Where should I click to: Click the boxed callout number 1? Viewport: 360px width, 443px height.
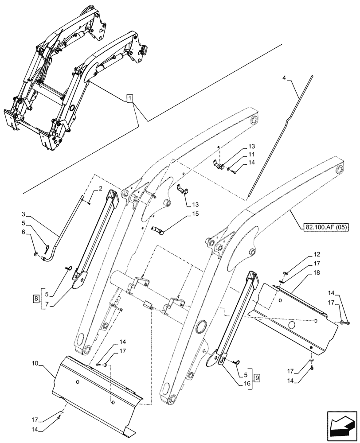[x=129, y=98]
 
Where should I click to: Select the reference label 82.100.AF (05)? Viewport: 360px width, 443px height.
[x=327, y=227]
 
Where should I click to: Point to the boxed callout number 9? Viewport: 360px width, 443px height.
[x=258, y=379]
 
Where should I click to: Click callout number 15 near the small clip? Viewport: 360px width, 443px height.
[x=195, y=214]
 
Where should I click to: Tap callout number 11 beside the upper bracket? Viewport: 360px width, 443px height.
[x=251, y=154]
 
